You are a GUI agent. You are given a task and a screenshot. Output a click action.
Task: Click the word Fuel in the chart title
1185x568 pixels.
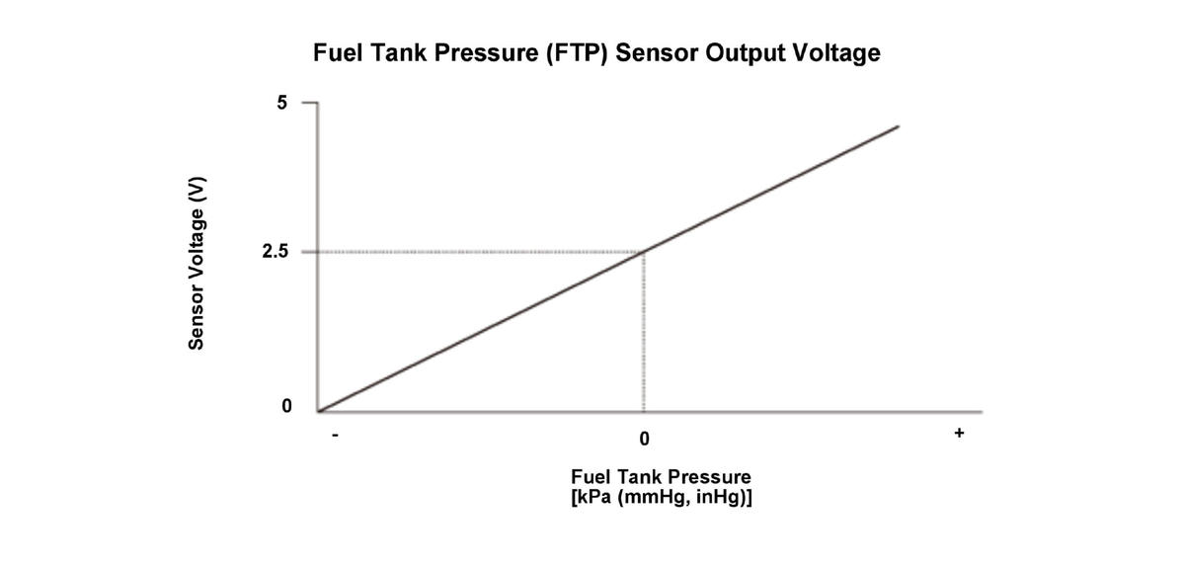(x=338, y=53)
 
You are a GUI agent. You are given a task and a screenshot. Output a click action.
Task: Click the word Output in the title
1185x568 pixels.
(x=746, y=53)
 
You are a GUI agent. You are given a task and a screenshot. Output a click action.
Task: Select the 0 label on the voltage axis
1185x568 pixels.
(x=286, y=406)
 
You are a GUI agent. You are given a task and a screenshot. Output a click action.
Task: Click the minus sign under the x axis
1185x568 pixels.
(x=336, y=435)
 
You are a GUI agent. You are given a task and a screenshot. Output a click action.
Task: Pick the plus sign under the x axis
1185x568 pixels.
(x=958, y=433)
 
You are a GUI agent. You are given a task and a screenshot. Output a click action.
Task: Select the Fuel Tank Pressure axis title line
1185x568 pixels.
(x=661, y=477)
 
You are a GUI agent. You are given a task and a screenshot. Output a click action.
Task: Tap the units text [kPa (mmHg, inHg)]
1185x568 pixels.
(x=661, y=497)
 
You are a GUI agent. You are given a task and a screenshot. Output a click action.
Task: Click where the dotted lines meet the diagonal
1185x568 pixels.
(x=644, y=251)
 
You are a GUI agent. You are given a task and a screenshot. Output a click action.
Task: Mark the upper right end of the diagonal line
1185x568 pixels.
(x=898, y=126)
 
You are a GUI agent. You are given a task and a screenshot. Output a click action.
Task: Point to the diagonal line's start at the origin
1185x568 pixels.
(x=319, y=410)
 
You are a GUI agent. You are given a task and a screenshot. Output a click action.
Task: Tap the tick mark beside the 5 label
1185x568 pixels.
(x=308, y=102)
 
